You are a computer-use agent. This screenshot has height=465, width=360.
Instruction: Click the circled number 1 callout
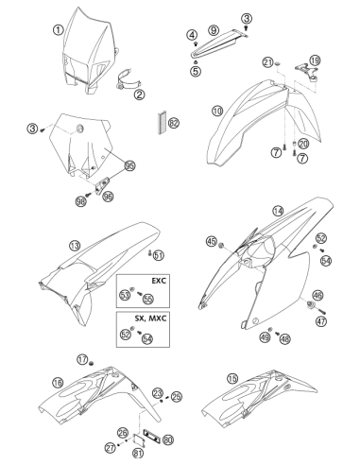pos(58,30)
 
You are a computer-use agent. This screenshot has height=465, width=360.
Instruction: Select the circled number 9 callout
pos(214,30)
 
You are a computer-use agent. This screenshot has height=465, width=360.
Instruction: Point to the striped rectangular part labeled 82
pos(163,123)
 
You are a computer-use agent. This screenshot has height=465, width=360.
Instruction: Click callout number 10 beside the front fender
pos(217,111)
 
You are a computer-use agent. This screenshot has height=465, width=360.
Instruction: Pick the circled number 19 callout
pos(315,60)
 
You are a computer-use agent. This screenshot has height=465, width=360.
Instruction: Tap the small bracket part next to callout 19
pos(306,71)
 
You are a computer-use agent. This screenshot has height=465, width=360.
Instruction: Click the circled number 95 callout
pos(130,165)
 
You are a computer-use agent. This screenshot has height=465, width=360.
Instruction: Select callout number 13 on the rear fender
pos(75,246)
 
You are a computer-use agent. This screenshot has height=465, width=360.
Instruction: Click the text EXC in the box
pos(159,281)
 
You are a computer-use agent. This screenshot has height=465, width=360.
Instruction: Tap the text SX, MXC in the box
pos(150,319)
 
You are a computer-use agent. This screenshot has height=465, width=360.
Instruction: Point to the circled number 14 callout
pos(278,211)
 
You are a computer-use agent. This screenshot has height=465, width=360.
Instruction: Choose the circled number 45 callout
pos(212,242)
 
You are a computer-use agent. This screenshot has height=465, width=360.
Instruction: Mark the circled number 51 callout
pos(159,255)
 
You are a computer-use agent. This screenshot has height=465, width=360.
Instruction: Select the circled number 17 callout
pos(82,359)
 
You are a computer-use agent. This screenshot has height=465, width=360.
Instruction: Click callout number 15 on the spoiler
pos(232,379)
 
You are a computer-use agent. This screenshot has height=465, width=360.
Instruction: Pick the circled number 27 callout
pos(111,448)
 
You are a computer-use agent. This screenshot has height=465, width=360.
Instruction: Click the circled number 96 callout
pos(108,197)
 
